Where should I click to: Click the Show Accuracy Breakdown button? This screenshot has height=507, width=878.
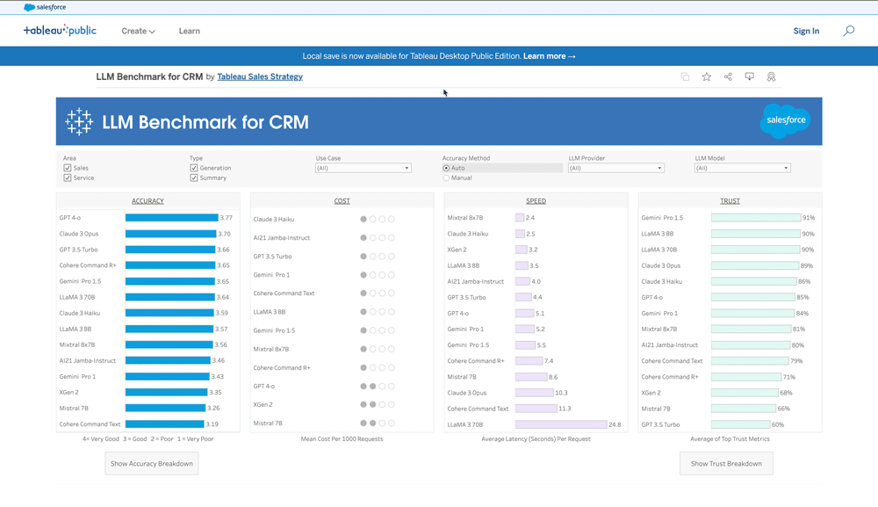152,463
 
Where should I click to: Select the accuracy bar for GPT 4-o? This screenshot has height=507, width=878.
171,218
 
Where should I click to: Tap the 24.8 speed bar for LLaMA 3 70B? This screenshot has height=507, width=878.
560,424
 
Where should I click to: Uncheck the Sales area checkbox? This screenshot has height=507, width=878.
68,168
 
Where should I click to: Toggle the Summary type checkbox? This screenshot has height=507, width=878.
194,177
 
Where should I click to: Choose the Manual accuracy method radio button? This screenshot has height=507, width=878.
446,177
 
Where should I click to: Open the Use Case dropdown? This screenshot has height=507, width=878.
363,168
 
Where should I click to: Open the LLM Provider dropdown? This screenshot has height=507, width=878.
615,168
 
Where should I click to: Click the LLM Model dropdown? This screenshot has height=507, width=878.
742,168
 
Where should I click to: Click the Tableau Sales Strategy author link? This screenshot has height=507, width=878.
260,77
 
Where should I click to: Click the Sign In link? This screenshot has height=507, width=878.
806,31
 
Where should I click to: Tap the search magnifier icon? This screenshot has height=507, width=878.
848,31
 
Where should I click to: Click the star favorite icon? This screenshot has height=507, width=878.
707,77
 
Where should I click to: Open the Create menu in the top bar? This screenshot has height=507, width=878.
138,31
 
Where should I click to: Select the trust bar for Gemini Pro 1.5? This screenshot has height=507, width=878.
755,218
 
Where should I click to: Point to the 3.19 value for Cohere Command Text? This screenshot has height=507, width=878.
212,424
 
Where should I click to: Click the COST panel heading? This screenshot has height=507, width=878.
342,201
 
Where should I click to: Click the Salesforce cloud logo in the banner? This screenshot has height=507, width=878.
784,121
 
